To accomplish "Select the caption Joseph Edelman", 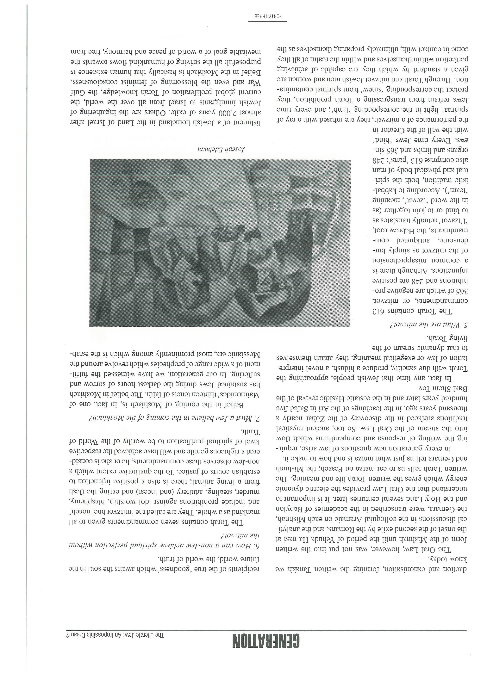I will pos(221,148).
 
